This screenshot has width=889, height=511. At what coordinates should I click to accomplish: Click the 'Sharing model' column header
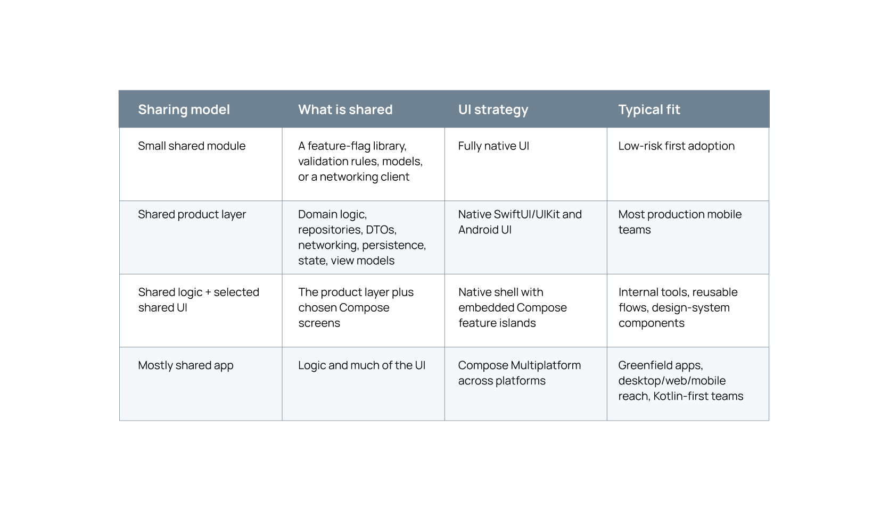click(x=184, y=110)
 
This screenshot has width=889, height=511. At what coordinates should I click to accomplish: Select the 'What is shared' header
click(x=345, y=110)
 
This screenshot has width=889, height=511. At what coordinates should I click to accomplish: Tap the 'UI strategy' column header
click(x=493, y=110)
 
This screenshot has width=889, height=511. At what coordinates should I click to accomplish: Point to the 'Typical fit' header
click(x=649, y=110)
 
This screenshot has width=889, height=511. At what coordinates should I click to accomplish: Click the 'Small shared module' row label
click(x=192, y=146)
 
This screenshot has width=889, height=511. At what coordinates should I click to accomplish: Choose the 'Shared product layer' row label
click(x=192, y=214)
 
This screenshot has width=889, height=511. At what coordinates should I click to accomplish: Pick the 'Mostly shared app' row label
click(x=186, y=365)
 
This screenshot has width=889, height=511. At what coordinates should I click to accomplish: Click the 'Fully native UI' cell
click(x=493, y=146)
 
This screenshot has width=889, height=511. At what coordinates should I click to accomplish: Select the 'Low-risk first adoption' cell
click(x=677, y=146)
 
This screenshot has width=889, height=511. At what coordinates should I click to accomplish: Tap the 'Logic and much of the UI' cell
click(x=361, y=365)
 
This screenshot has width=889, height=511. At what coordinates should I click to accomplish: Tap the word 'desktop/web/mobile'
click(x=672, y=381)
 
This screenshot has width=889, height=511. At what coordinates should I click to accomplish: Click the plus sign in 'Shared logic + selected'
click(x=208, y=292)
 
